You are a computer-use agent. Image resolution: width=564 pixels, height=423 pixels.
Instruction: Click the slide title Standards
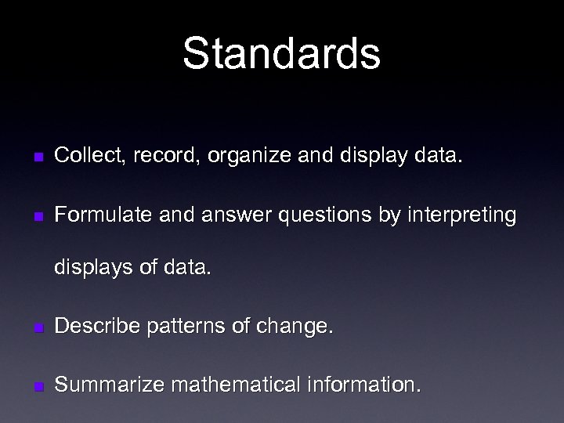pyautogui.click(x=282, y=53)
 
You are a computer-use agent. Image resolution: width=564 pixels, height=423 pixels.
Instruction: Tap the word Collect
pyautogui.click(x=84, y=157)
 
